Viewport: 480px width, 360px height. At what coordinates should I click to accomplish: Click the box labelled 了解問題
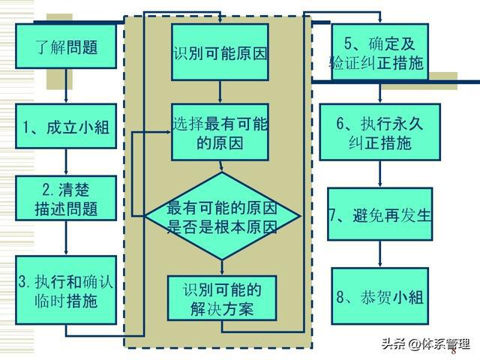click(67, 46)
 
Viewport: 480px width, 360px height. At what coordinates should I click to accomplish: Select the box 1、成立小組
click(67, 127)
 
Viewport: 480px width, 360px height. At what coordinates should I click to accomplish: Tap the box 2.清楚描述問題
click(67, 198)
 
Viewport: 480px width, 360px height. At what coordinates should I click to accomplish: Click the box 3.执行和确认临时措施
click(67, 289)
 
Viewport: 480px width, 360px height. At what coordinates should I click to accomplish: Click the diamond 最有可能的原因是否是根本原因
click(222, 216)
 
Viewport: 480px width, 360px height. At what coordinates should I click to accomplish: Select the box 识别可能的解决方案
click(220, 298)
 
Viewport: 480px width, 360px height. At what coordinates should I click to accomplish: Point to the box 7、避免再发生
click(380, 214)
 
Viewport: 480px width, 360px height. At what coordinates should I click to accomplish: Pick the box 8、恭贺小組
click(380, 296)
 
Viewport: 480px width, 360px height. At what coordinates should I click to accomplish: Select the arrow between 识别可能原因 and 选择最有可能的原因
click(220, 91)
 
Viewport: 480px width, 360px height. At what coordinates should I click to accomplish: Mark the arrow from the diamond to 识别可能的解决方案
click(222, 266)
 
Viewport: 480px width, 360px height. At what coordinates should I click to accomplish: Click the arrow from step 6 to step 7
click(380, 174)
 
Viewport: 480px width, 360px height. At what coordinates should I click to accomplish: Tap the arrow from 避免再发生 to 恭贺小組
click(380, 255)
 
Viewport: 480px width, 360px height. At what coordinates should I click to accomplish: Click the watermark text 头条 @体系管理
click(424, 344)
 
